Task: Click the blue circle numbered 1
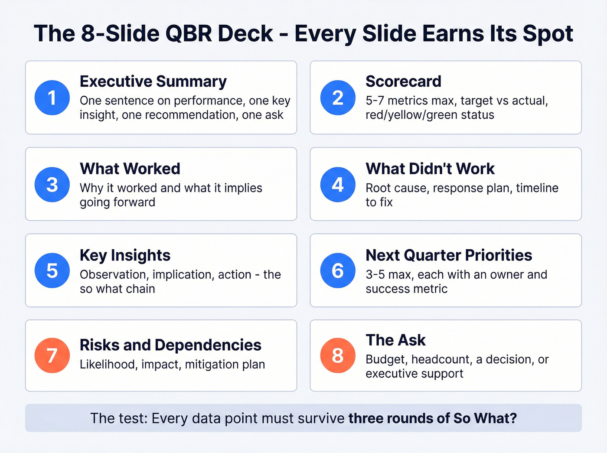[52, 98]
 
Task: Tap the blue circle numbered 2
[338, 98]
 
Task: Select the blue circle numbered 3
[52, 185]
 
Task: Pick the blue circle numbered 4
[338, 185]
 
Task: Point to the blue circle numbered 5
[52, 270]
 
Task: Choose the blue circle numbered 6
[338, 270]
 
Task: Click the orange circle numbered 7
[52, 355]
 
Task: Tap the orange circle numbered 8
[338, 355]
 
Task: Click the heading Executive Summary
[153, 81]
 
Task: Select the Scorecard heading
[403, 81]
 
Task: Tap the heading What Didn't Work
[430, 169]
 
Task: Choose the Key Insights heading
[125, 255]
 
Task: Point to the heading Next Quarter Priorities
[449, 255]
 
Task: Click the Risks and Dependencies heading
[170, 345]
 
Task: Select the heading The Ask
[395, 340]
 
